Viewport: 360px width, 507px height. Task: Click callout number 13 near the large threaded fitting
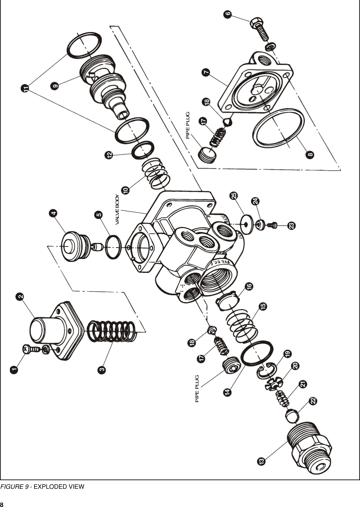tap(261, 461)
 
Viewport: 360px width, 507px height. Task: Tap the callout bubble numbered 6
tap(227, 14)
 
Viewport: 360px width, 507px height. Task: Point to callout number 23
tap(292, 226)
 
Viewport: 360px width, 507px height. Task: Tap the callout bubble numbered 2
tap(20, 296)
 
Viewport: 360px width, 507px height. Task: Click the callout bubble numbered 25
tap(234, 196)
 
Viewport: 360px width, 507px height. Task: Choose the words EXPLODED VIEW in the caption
tap(59, 486)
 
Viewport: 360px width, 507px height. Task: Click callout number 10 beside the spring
tap(125, 190)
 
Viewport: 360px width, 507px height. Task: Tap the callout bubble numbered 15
tap(263, 306)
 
